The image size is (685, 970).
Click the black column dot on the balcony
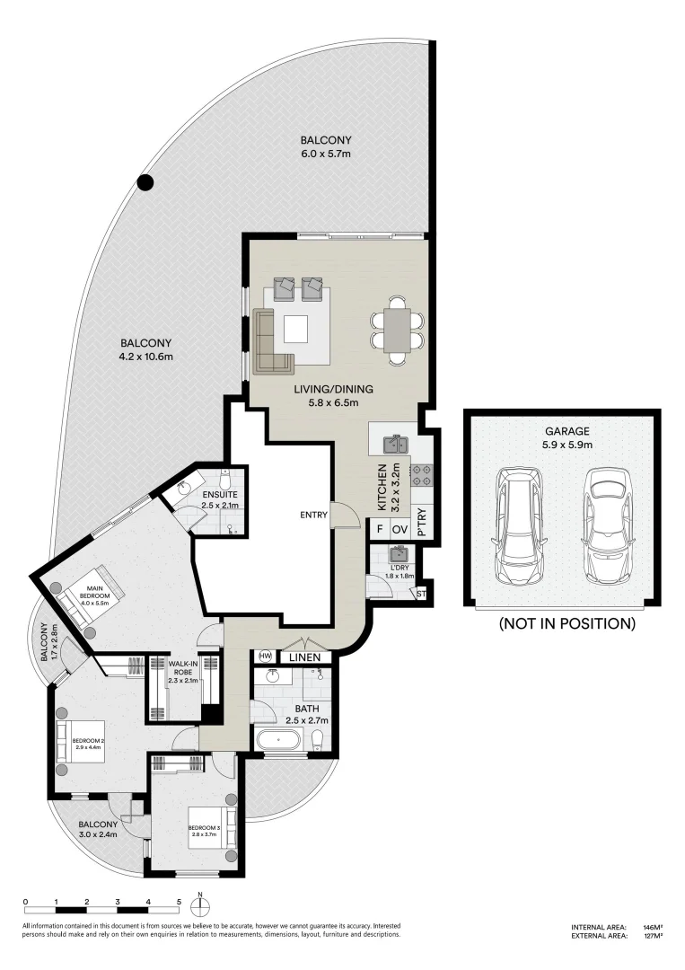point(145,183)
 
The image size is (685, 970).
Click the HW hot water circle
point(265,657)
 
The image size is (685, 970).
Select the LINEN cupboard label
point(304,657)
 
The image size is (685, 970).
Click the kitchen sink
point(396,444)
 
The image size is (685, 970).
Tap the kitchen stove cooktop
point(421,475)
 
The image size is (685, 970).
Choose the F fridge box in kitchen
point(380,530)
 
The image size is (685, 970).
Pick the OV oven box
point(400,530)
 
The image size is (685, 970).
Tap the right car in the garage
point(602,524)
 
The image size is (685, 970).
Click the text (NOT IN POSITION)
point(566,623)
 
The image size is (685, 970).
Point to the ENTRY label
point(316,516)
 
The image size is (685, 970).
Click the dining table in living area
point(396,331)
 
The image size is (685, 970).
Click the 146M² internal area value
point(652,927)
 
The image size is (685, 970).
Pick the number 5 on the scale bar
point(179,901)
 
